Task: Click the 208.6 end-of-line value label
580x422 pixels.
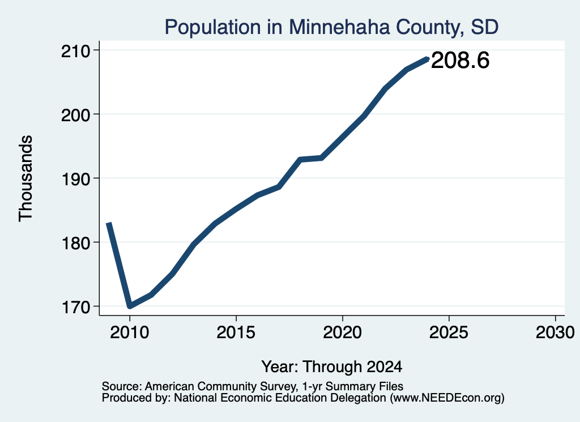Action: coord(460,60)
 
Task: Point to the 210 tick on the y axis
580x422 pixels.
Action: coord(75,50)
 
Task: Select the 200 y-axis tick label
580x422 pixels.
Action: coord(75,115)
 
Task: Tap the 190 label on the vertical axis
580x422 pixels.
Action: coord(75,179)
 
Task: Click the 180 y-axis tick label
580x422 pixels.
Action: coord(75,243)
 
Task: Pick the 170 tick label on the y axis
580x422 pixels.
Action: coord(75,307)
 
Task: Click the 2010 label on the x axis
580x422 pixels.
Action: coord(130,332)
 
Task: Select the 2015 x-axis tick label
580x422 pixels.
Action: coord(236,332)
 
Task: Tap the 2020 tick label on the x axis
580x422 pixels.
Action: coord(343,332)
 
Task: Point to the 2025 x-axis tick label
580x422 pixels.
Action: coord(449,332)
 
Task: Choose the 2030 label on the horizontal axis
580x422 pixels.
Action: coord(555,332)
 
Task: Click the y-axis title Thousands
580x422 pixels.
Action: coord(26,178)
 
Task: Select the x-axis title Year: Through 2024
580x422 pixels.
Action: coord(332,366)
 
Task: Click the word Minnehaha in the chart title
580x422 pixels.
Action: coord(339,27)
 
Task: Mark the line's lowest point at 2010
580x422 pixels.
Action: coord(130,306)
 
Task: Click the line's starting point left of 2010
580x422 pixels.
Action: coord(108,223)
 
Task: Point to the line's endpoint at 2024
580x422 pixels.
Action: coord(428,59)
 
